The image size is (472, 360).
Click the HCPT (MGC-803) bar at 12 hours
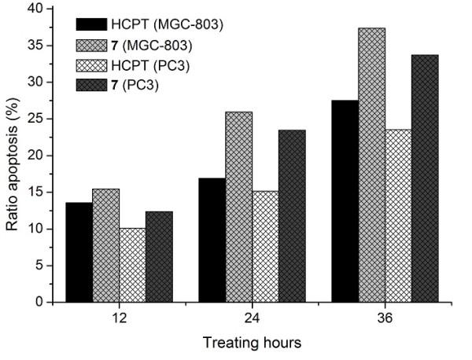click(79, 252)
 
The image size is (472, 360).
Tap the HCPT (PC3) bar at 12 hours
click(132, 265)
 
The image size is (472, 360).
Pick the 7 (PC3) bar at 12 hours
click(159, 256)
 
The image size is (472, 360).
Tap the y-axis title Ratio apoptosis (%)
click(12, 155)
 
